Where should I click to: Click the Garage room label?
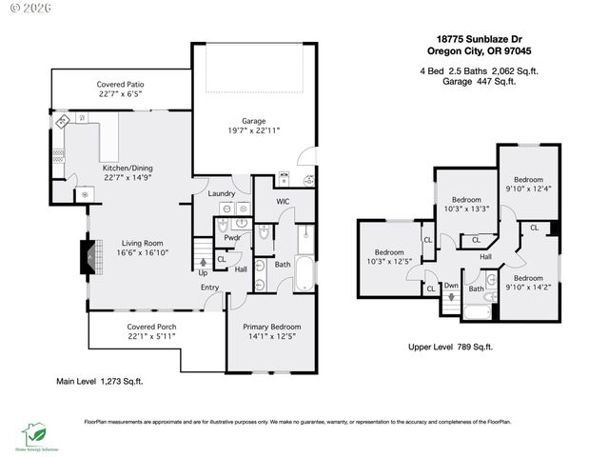click(253, 120)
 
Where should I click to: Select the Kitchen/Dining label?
click(128, 168)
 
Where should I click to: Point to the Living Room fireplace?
click(88, 256)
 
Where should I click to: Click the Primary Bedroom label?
click(271, 327)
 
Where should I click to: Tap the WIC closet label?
click(283, 201)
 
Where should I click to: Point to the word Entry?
click(210, 288)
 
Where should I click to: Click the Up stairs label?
click(203, 272)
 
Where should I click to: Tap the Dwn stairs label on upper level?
click(451, 285)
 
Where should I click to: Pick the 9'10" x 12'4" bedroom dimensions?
click(528, 189)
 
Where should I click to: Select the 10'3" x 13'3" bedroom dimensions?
click(466, 209)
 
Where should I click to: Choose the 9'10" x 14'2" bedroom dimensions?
click(528, 285)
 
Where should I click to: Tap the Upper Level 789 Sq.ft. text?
click(450, 347)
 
